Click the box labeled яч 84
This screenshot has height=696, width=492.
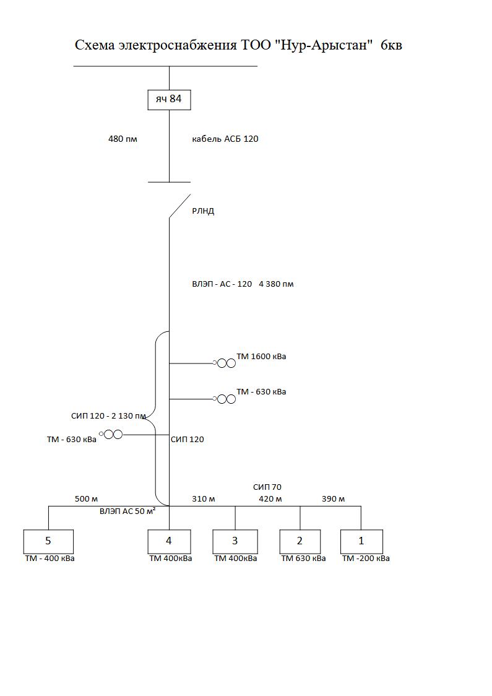pos(169,99)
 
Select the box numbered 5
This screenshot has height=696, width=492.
pos(48,541)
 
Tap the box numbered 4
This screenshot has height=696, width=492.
pos(169,541)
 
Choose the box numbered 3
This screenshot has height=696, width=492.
pos(235,541)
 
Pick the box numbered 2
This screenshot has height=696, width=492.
pos(300,541)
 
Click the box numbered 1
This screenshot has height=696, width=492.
pos(361,541)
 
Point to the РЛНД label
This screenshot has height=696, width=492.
pos(203,211)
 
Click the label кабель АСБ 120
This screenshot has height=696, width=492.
pos(225,139)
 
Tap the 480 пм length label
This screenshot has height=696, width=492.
pos(123,139)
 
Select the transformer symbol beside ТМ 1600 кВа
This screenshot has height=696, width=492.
pos(226,363)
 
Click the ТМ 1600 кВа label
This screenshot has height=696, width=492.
pos(261,357)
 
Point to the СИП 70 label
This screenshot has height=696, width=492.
pos(267,487)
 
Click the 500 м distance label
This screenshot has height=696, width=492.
pos(87,499)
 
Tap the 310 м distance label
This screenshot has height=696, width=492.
pos(203,499)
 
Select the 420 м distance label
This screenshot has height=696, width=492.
pos(270,499)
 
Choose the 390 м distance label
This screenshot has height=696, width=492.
pos(333,499)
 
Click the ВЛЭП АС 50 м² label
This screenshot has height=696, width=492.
pos(127,511)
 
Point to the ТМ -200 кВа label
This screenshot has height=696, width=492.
pos(366,559)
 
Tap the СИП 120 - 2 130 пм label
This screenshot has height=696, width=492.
pos(109,416)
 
